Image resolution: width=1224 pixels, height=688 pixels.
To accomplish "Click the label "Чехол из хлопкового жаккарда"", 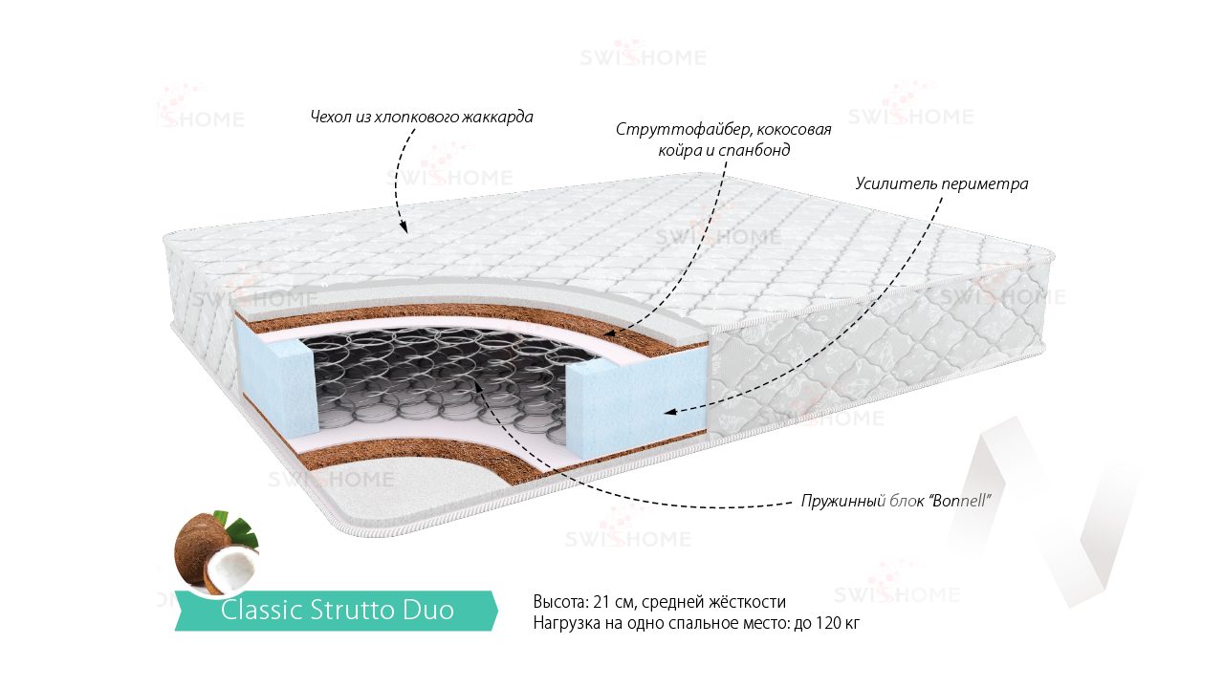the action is pos(422,118).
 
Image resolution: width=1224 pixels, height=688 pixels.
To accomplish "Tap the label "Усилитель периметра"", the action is pos(942,183).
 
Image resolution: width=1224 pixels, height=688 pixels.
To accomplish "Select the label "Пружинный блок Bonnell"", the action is pos(894,501).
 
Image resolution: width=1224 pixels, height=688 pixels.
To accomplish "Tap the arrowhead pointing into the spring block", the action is pos(477,384).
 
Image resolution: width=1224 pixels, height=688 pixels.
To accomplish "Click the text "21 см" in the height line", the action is pos(614,602).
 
